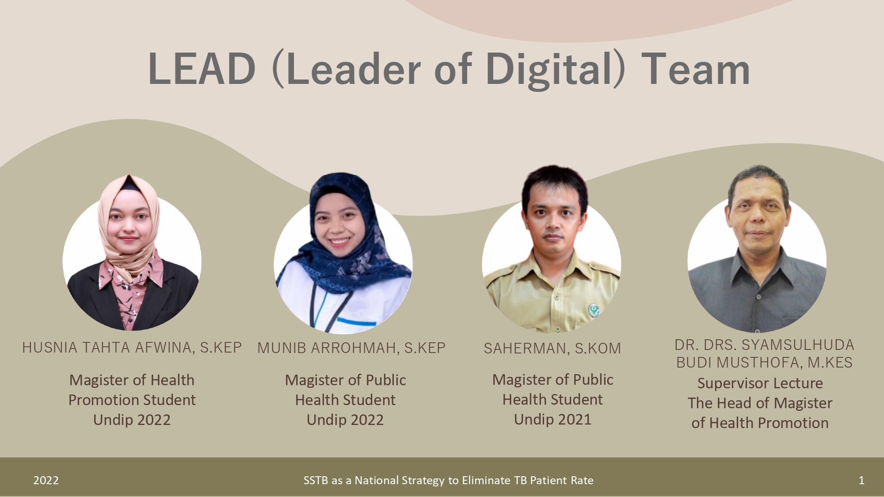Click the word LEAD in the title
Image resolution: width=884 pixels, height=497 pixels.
pos(202,69)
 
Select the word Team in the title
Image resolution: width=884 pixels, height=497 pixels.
pos(696,69)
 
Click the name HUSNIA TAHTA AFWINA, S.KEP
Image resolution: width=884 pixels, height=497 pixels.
pos(132,348)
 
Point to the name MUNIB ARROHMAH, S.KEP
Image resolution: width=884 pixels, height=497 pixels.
pos(351,348)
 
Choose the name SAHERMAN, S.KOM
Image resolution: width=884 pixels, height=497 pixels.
pos(552,349)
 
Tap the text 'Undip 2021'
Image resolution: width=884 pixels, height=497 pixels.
pos(552,419)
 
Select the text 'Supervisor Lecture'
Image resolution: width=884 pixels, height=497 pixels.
pos(760,383)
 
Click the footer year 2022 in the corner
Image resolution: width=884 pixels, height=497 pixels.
pos(46,480)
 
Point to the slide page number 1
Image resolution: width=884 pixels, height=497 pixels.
pos(861,480)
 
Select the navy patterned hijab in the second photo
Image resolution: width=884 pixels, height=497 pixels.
pos(354,239)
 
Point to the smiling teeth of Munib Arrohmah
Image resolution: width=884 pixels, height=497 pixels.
pos(340,242)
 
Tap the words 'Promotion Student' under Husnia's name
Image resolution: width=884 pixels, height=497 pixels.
pos(132,400)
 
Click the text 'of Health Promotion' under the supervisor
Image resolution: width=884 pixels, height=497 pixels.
pos(760,423)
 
